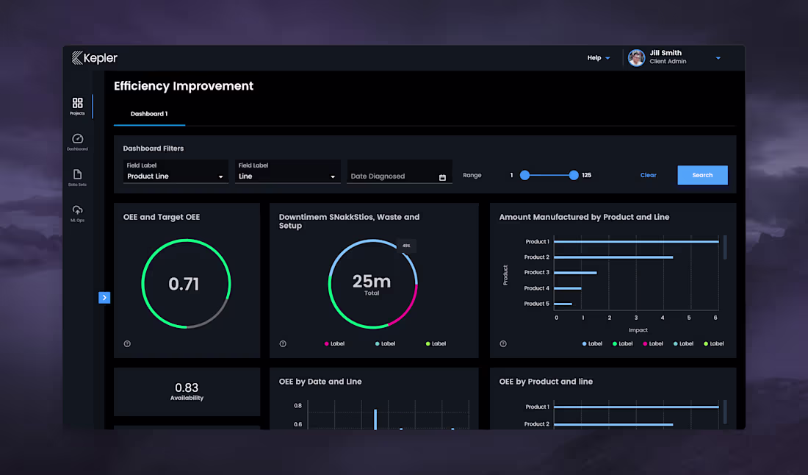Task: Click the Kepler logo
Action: click(x=95, y=58)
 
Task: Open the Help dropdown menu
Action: click(x=598, y=58)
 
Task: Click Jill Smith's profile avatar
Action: click(x=636, y=58)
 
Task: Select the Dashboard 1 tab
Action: click(x=149, y=114)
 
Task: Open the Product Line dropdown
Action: click(x=176, y=176)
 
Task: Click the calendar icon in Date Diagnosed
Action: click(x=442, y=177)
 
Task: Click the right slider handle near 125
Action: click(x=574, y=175)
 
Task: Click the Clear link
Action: click(x=648, y=175)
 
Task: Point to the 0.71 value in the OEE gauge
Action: click(x=184, y=284)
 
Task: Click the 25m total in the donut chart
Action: click(x=372, y=282)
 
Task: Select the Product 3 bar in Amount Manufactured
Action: click(x=575, y=273)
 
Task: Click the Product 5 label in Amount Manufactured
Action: click(x=536, y=304)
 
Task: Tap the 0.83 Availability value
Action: click(x=187, y=387)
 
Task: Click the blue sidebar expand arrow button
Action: click(x=104, y=297)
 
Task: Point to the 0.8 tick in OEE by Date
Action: click(x=297, y=406)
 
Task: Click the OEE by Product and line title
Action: click(x=546, y=382)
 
